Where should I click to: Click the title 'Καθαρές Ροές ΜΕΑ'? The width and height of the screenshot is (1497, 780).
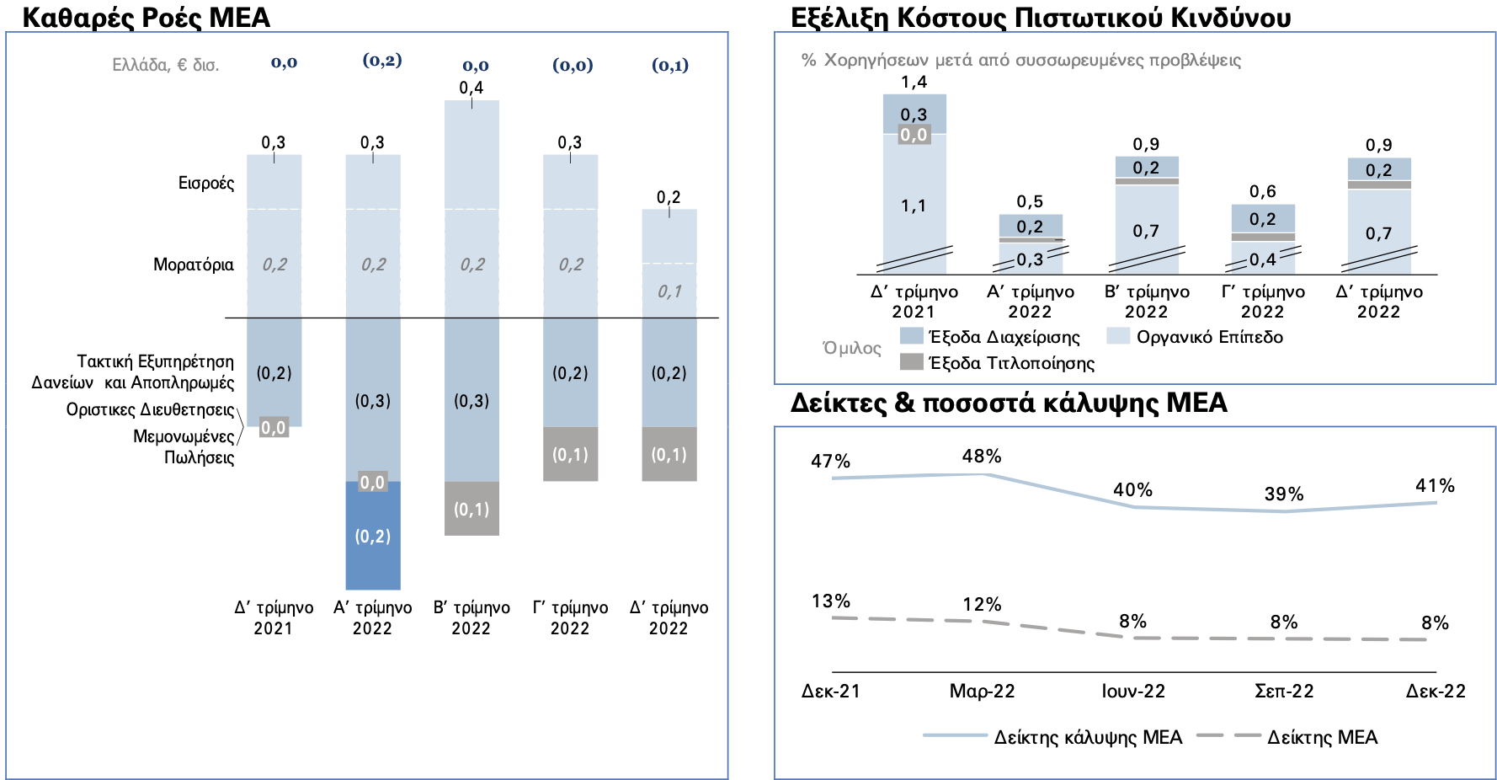pyautogui.click(x=146, y=17)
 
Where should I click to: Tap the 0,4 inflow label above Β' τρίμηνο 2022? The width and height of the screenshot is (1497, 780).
pyautogui.click(x=471, y=88)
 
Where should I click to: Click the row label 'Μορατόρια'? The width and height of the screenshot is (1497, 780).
pyautogui.click(x=194, y=264)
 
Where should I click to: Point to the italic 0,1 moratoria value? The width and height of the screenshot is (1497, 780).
pyautogui.click(x=669, y=291)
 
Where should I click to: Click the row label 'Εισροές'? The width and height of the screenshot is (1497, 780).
pyautogui.click(x=206, y=183)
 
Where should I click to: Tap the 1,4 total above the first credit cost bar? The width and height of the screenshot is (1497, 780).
pyautogui.click(x=914, y=82)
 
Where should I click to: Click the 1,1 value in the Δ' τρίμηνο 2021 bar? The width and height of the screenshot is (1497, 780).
pyautogui.click(x=914, y=206)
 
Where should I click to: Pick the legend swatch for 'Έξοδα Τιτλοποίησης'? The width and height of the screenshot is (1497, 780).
pyautogui.click(x=912, y=362)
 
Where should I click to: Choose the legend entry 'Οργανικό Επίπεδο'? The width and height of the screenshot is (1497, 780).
pyautogui.click(x=1209, y=337)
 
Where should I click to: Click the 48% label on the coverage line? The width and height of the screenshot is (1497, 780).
pyautogui.click(x=982, y=457)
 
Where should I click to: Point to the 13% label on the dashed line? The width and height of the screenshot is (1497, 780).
pyautogui.click(x=831, y=601)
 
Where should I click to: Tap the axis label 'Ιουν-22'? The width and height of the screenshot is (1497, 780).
pyautogui.click(x=1133, y=692)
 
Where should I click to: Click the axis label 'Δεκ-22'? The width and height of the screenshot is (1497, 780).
pyautogui.click(x=1436, y=692)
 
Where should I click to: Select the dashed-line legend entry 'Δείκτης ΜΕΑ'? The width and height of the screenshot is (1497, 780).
pyautogui.click(x=1322, y=738)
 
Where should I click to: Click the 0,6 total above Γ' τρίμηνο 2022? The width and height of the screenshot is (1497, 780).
pyautogui.click(x=1263, y=192)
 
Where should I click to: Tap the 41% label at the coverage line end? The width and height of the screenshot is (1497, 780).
pyautogui.click(x=1435, y=486)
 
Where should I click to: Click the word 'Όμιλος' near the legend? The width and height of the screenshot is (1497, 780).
pyautogui.click(x=852, y=348)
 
